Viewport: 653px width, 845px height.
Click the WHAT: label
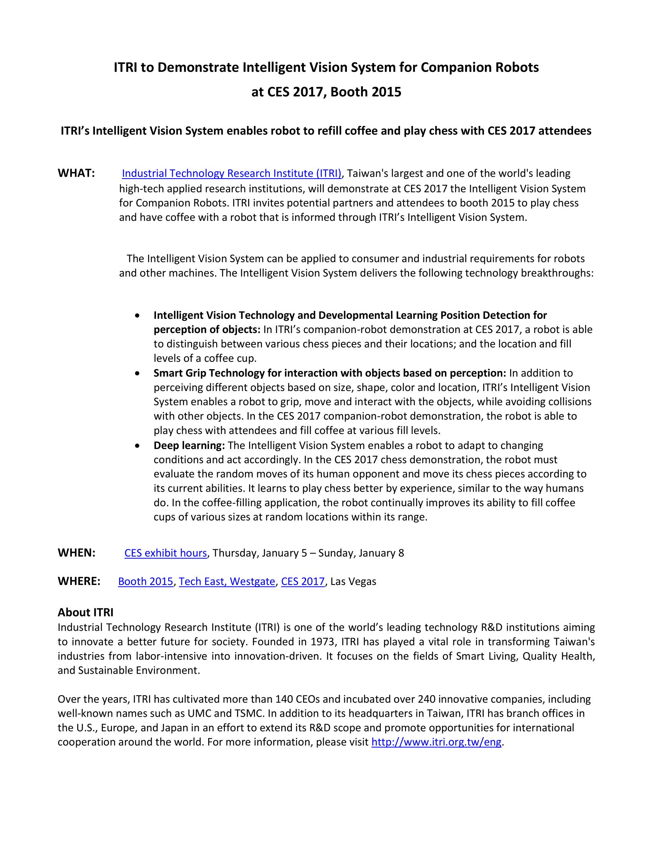[x=76, y=173]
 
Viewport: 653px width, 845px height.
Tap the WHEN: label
[x=76, y=553]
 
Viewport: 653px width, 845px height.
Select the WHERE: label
[x=79, y=581]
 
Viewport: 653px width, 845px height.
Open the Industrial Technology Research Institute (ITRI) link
[x=231, y=173]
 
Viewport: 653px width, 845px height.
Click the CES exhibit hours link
[x=166, y=553]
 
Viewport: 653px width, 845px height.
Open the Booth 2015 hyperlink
[x=146, y=582]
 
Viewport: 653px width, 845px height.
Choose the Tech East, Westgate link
[x=227, y=582]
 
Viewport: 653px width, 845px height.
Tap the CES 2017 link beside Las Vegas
[x=303, y=582]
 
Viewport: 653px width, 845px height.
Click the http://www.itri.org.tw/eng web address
[x=436, y=742]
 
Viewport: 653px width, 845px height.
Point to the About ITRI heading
[x=86, y=613]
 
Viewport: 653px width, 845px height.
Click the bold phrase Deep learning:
[x=189, y=445]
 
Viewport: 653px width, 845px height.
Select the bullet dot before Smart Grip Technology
[x=137, y=373]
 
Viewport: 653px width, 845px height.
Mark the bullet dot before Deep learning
[x=137, y=446]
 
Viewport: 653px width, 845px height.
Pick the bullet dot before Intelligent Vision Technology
[x=137, y=316]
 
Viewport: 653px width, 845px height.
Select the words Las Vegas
[x=353, y=582]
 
